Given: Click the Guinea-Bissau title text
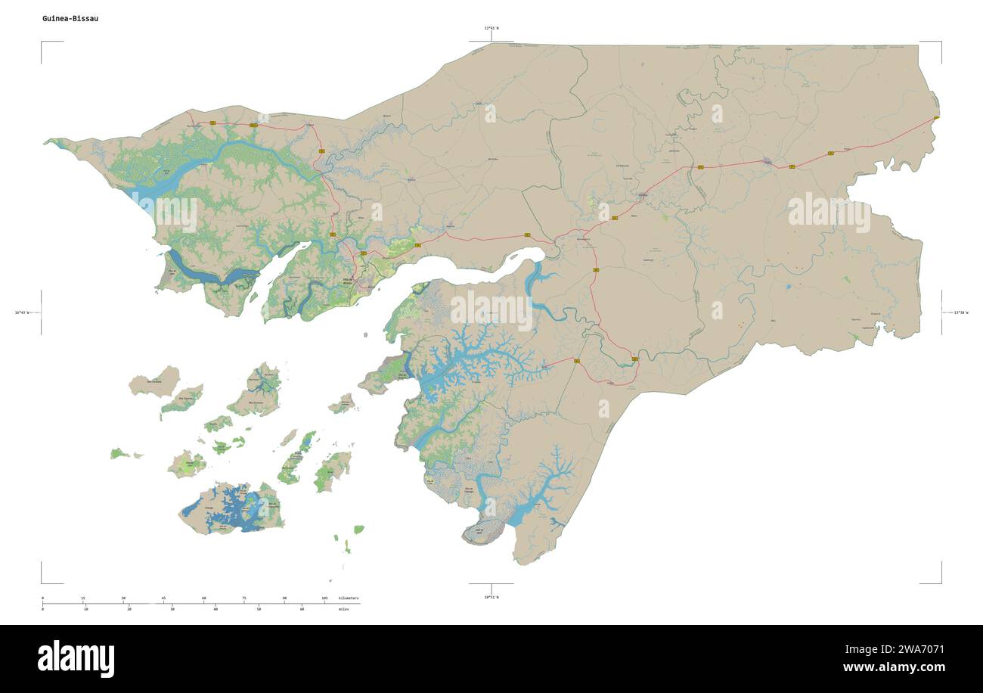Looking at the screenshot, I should coord(70,18).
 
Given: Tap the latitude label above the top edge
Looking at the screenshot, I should coord(491,28).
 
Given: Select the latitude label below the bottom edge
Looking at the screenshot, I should coord(491,597).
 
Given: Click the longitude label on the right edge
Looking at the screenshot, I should coord(960,312).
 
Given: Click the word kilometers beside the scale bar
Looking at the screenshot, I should coord(349,598).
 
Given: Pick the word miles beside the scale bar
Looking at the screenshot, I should coord(344,608).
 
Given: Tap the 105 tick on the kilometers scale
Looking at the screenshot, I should coord(325,598).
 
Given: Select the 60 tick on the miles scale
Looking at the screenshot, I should coord(302,608).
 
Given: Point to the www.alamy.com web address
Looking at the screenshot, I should coord(893,667).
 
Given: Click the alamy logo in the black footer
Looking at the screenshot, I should coord(76,658).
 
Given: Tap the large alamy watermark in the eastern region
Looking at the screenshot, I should coord(829,213).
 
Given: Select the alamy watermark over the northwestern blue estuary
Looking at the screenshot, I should coord(165,213).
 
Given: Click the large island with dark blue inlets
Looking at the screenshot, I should coord(231,509).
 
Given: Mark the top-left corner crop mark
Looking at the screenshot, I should coord(42,43).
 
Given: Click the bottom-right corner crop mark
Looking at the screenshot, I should coord(941,582).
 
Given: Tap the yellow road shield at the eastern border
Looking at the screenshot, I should coord(937,117).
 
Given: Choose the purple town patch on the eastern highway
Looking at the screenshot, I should coord(768,161).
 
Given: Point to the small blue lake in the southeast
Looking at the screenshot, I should coord(788,287).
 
